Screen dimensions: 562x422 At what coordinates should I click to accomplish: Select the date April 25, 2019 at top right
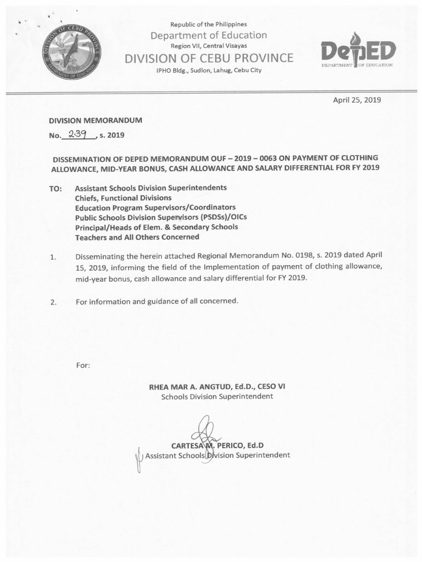point(357,100)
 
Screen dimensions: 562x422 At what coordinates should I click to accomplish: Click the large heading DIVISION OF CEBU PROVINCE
point(209,58)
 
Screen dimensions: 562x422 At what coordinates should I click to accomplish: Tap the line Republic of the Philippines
point(209,24)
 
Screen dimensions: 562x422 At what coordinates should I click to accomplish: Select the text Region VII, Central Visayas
point(209,46)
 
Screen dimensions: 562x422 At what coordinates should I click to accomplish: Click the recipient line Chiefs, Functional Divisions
point(123,198)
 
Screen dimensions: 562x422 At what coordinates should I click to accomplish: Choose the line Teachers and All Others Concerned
point(137,237)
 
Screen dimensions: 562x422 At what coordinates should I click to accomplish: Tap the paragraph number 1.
point(53,257)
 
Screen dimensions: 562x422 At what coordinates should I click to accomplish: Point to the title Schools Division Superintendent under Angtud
point(217,396)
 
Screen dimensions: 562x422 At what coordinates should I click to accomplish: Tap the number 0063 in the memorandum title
point(273,157)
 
